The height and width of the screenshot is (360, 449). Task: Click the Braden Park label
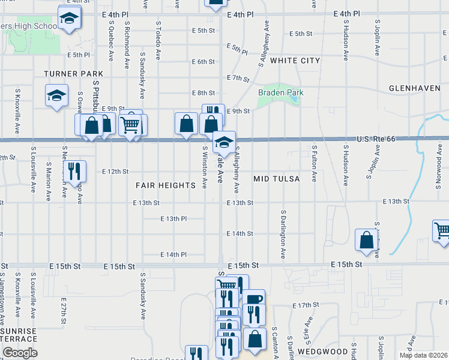click(x=280, y=92)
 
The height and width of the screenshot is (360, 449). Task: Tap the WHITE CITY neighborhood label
click(x=295, y=61)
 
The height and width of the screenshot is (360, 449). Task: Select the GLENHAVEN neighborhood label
click(x=414, y=88)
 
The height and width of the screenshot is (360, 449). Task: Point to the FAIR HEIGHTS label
click(x=166, y=185)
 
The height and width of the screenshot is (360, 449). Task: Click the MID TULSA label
click(x=276, y=179)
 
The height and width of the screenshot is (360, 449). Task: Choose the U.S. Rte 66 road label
click(x=376, y=139)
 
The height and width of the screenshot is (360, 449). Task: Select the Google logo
click(x=19, y=353)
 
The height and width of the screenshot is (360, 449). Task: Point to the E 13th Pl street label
click(x=174, y=219)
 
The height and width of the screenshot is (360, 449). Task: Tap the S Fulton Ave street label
click(x=315, y=163)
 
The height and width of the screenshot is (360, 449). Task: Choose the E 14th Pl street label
click(x=174, y=254)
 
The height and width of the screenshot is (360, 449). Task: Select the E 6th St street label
click(x=203, y=62)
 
